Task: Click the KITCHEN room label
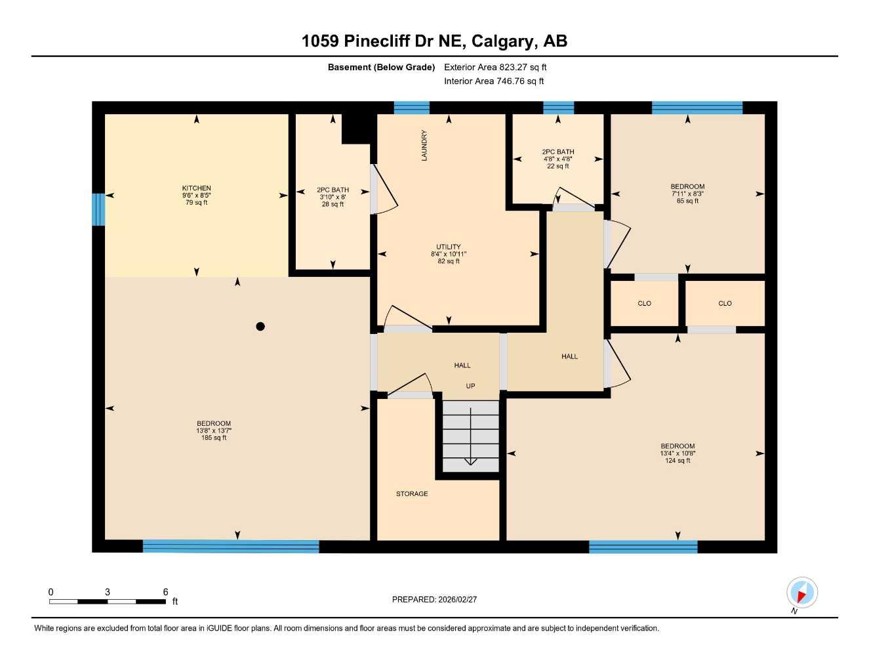pos(196,188)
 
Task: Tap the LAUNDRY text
pos(424,146)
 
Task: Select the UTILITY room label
pos(449,247)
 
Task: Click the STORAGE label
pos(412,493)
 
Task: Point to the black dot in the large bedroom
pos(260,326)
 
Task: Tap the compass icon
pos(801,593)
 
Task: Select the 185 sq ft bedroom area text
pos(214,438)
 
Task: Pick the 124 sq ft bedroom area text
pos(677,461)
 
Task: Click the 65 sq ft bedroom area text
pos(687,201)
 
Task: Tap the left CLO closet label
pos(645,303)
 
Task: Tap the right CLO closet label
pos(725,303)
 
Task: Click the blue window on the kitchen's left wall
pos(98,209)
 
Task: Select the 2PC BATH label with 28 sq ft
pos(333,190)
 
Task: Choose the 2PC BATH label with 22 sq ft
pos(558,152)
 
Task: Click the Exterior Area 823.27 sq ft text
pos(495,67)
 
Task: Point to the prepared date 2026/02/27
pos(434,599)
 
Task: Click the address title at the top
pos(434,41)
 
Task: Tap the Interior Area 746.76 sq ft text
pos(494,81)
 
